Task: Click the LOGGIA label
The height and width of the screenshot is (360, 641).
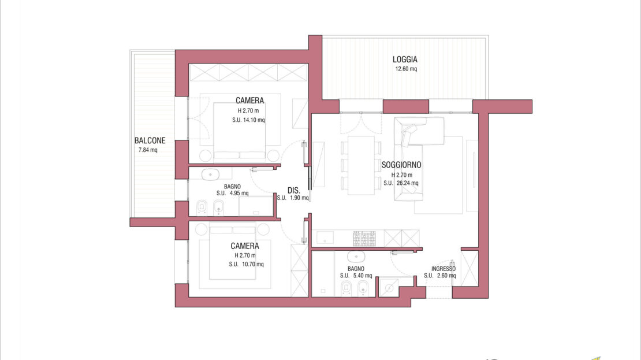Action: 405,60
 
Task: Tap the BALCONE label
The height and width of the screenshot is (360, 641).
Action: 150,140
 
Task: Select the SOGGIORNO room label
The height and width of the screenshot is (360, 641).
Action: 401,165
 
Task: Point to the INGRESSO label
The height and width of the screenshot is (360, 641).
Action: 443,269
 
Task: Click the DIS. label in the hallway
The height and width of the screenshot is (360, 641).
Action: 293,190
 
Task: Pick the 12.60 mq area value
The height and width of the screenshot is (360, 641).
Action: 406,69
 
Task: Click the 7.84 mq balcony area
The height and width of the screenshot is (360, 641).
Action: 148,150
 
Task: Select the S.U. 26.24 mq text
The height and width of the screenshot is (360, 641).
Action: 401,183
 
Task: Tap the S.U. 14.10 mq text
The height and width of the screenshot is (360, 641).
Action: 248,120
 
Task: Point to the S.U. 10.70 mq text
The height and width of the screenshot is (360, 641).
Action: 246,264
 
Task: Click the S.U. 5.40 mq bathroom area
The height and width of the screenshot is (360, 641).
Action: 356,276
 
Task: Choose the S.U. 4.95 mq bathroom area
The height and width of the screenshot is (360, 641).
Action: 233,193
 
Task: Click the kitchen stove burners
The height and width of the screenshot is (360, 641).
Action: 364,238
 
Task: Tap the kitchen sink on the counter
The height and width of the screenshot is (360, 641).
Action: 325,237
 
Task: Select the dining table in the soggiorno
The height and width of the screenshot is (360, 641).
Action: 361,165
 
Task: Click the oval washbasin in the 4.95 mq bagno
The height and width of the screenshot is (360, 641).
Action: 211,175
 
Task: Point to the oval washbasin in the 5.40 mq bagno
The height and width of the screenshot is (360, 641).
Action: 356,257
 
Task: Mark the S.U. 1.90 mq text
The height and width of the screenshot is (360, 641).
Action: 293,198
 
